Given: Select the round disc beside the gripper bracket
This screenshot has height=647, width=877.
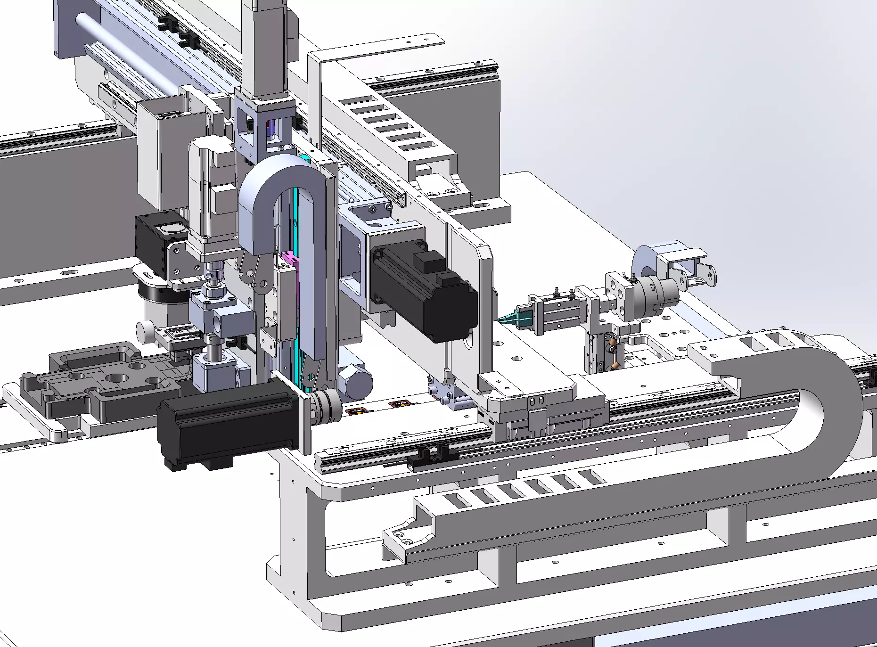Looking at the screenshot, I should [643, 263].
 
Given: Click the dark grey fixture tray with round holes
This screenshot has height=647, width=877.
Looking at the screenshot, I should [104, 382].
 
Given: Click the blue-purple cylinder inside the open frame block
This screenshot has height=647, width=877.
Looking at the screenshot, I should [270, 128].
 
